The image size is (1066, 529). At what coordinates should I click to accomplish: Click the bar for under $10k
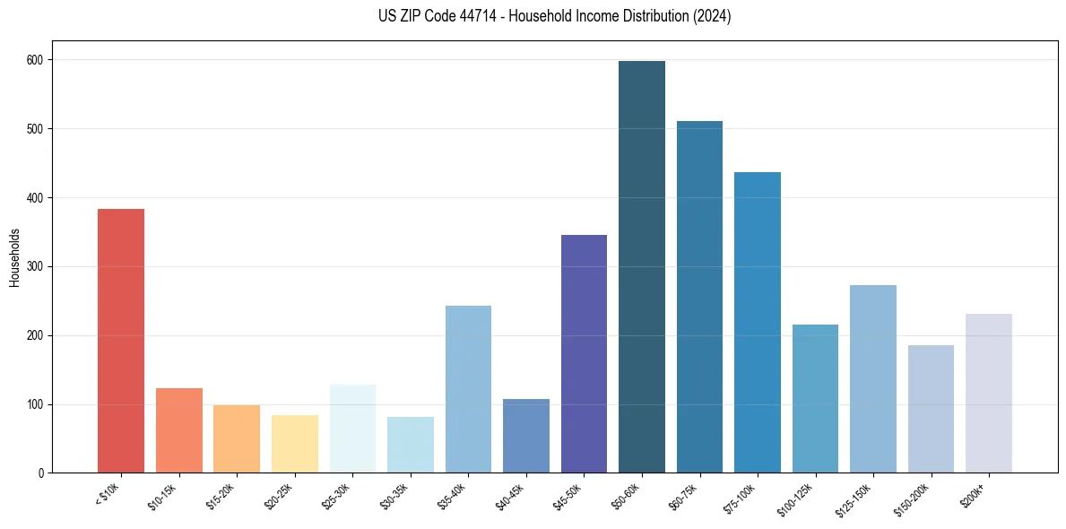coord(121,341)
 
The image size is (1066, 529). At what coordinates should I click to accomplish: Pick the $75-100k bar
coord(758,323)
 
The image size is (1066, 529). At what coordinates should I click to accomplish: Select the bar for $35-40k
coord(468,389)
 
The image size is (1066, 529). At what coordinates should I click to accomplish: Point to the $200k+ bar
coord(989,394)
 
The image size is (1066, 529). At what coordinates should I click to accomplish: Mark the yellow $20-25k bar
coord(295,444)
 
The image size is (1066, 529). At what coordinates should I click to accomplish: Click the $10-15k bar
coord(179,430)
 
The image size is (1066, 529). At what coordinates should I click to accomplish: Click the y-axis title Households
coord(14,256)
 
